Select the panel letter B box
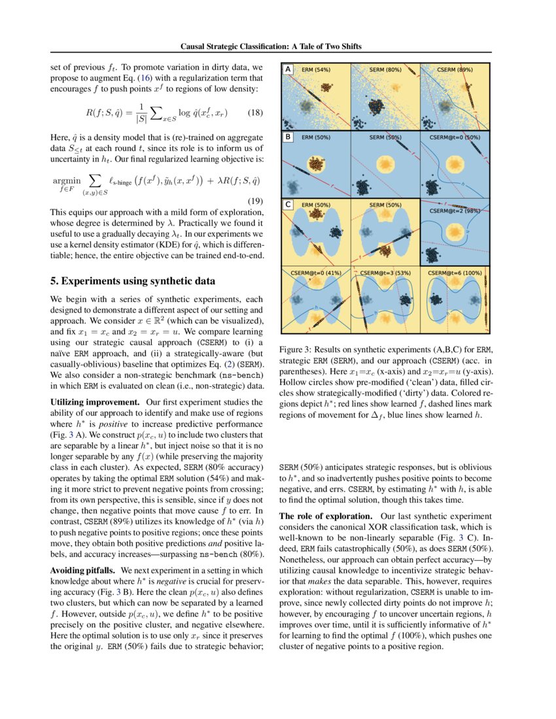(x=287, y=137)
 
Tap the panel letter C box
(x=287, y=205)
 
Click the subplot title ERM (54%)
(x=315, y=69)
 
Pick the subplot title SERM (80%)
(x=385, y=69)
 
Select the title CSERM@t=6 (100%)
(x=455, y=272)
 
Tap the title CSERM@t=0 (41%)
(x=315, y=272)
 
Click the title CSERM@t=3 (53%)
(x=385, y=272)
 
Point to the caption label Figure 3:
(x=297, y=349)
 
